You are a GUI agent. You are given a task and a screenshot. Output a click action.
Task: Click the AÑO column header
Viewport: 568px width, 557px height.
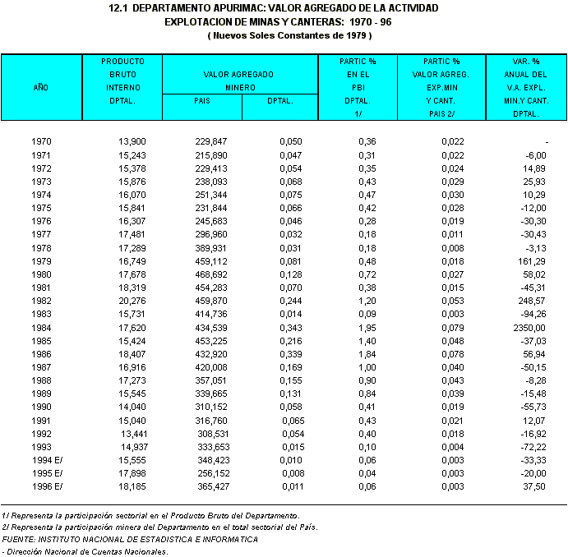tap(40, 86)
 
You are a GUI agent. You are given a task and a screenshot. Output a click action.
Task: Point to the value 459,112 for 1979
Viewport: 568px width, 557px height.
tap(210, 260)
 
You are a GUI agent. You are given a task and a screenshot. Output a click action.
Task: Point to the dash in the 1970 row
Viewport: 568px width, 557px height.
tap(546, 142)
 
